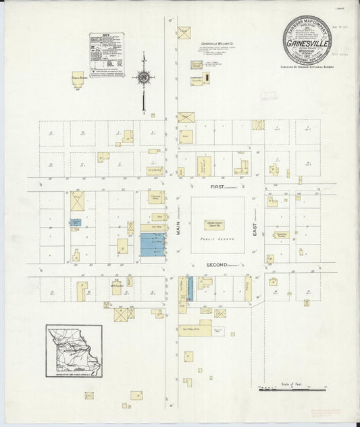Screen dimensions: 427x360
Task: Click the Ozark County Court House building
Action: pyautogui.click(x=215, y=224)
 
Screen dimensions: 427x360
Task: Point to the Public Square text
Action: pyautogui.click(x=216, y=240)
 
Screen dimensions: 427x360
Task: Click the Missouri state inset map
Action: pyautogui.click(x=74, y=351)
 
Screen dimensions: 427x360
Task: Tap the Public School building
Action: pyautogui.click(x=78, y=80)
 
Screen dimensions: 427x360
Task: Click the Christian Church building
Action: pyautogui.click(x=282, y=234)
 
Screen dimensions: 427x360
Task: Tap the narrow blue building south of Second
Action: pyautogui.click(x=190, y=288)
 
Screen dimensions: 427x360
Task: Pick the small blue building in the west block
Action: pyautogui.click(x=75, y=222)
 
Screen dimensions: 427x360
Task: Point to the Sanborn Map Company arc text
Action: pyautogui.click(x=307, y=24)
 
